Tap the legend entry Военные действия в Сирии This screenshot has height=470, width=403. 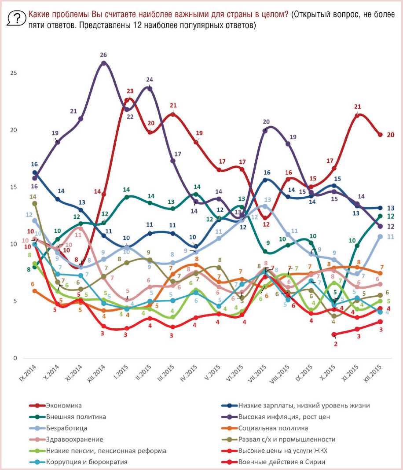point(282,462)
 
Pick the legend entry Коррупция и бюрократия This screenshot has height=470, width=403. point(88,462)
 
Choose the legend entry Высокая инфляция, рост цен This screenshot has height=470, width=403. point(284,417)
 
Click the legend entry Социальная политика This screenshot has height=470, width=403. point(273,428)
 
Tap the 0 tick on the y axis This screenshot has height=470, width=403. point(15,358)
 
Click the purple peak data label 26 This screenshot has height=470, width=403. point(103,55)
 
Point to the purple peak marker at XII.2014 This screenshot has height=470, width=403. point(103,63)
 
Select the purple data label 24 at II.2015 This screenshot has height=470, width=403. point(150,80)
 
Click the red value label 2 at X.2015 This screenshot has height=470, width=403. point(336,344)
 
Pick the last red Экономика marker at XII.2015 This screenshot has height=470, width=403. point(380,135)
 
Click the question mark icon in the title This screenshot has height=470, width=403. point(17,18)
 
